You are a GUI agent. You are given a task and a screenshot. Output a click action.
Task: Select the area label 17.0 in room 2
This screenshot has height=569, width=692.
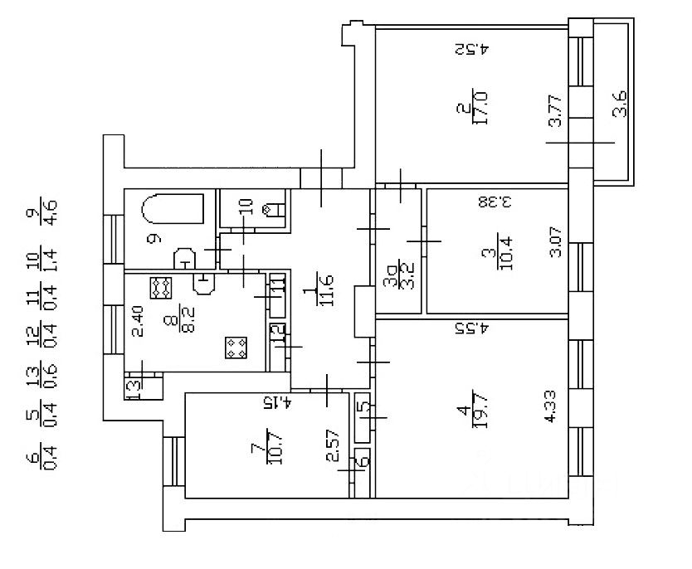tap(477, 107)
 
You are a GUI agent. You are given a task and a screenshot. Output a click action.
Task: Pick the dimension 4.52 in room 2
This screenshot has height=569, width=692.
tap(473, 49)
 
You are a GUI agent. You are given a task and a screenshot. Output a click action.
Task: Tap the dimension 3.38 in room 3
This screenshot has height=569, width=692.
tap(494, 202)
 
